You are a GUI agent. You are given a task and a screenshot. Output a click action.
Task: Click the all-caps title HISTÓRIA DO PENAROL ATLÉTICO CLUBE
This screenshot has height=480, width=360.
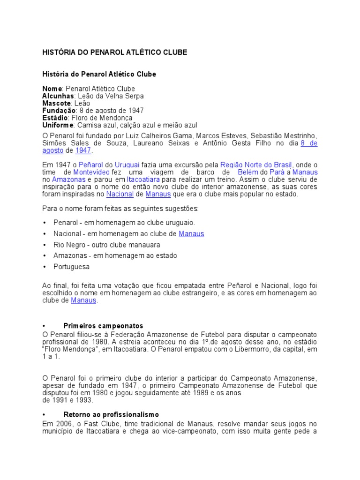[114, 52]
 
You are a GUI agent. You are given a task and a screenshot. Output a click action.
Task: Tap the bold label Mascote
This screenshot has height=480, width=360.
[56, 103]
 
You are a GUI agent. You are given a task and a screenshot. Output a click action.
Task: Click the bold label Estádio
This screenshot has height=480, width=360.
[55, 118]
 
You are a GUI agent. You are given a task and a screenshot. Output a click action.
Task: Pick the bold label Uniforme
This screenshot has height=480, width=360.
[58, 125]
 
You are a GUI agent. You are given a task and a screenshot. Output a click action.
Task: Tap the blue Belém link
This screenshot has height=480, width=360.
[248, 172]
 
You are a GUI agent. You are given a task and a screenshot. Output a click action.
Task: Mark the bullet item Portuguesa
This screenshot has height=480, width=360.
[71, 267]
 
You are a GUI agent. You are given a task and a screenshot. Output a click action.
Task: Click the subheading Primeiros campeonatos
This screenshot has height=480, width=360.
[103, 326]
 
